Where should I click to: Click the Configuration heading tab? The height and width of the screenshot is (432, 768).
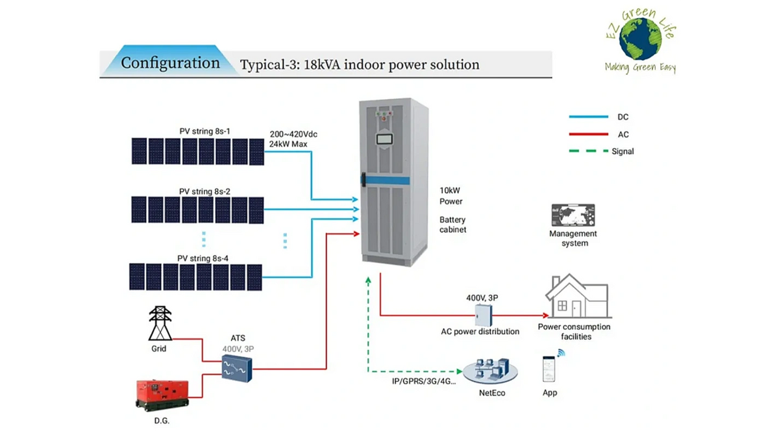170,63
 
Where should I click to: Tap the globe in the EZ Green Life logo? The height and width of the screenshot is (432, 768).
640,39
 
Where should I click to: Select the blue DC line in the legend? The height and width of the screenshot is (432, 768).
588,116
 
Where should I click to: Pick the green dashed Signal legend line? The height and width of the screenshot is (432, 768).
588,151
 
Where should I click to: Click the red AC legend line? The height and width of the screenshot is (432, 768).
588,134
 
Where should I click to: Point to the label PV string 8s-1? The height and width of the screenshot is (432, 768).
204,131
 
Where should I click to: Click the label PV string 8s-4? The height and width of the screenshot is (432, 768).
203,258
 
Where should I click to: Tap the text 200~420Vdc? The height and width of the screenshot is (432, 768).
294,134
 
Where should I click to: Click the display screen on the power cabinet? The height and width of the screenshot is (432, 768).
385,138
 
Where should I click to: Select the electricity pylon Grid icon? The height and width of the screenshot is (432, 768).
160,323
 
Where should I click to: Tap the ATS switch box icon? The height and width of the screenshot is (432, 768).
237,368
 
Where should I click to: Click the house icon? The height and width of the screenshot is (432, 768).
577,298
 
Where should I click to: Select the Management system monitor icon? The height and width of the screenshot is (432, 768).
573,215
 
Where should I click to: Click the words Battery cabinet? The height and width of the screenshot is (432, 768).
453,225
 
